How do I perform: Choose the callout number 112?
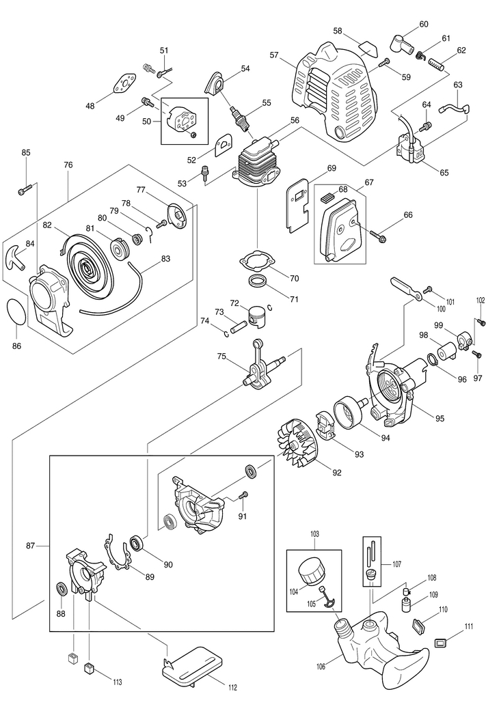(x=234, y=687)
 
